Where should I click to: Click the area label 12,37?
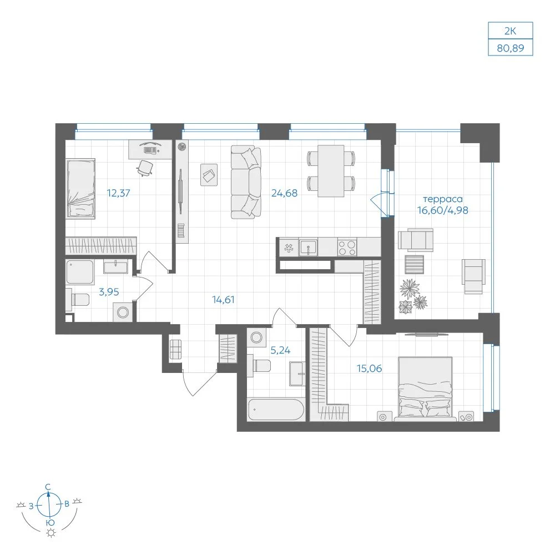119,193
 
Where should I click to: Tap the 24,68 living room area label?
284,193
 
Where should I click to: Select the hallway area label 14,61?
223,300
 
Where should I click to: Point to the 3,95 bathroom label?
109,292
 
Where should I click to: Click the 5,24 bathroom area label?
280,350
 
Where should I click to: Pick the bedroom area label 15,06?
369,369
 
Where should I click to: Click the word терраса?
442,199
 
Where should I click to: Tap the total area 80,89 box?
511,48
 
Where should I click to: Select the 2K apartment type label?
511,31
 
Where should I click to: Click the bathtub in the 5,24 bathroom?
276,410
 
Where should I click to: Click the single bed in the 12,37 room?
80,189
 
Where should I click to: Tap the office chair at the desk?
145,168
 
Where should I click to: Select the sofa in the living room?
246,182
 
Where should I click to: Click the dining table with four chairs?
331,171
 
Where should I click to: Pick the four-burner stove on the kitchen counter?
347,248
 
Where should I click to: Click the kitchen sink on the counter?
308,247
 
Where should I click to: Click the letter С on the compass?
48,487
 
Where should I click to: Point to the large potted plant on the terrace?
410,289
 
